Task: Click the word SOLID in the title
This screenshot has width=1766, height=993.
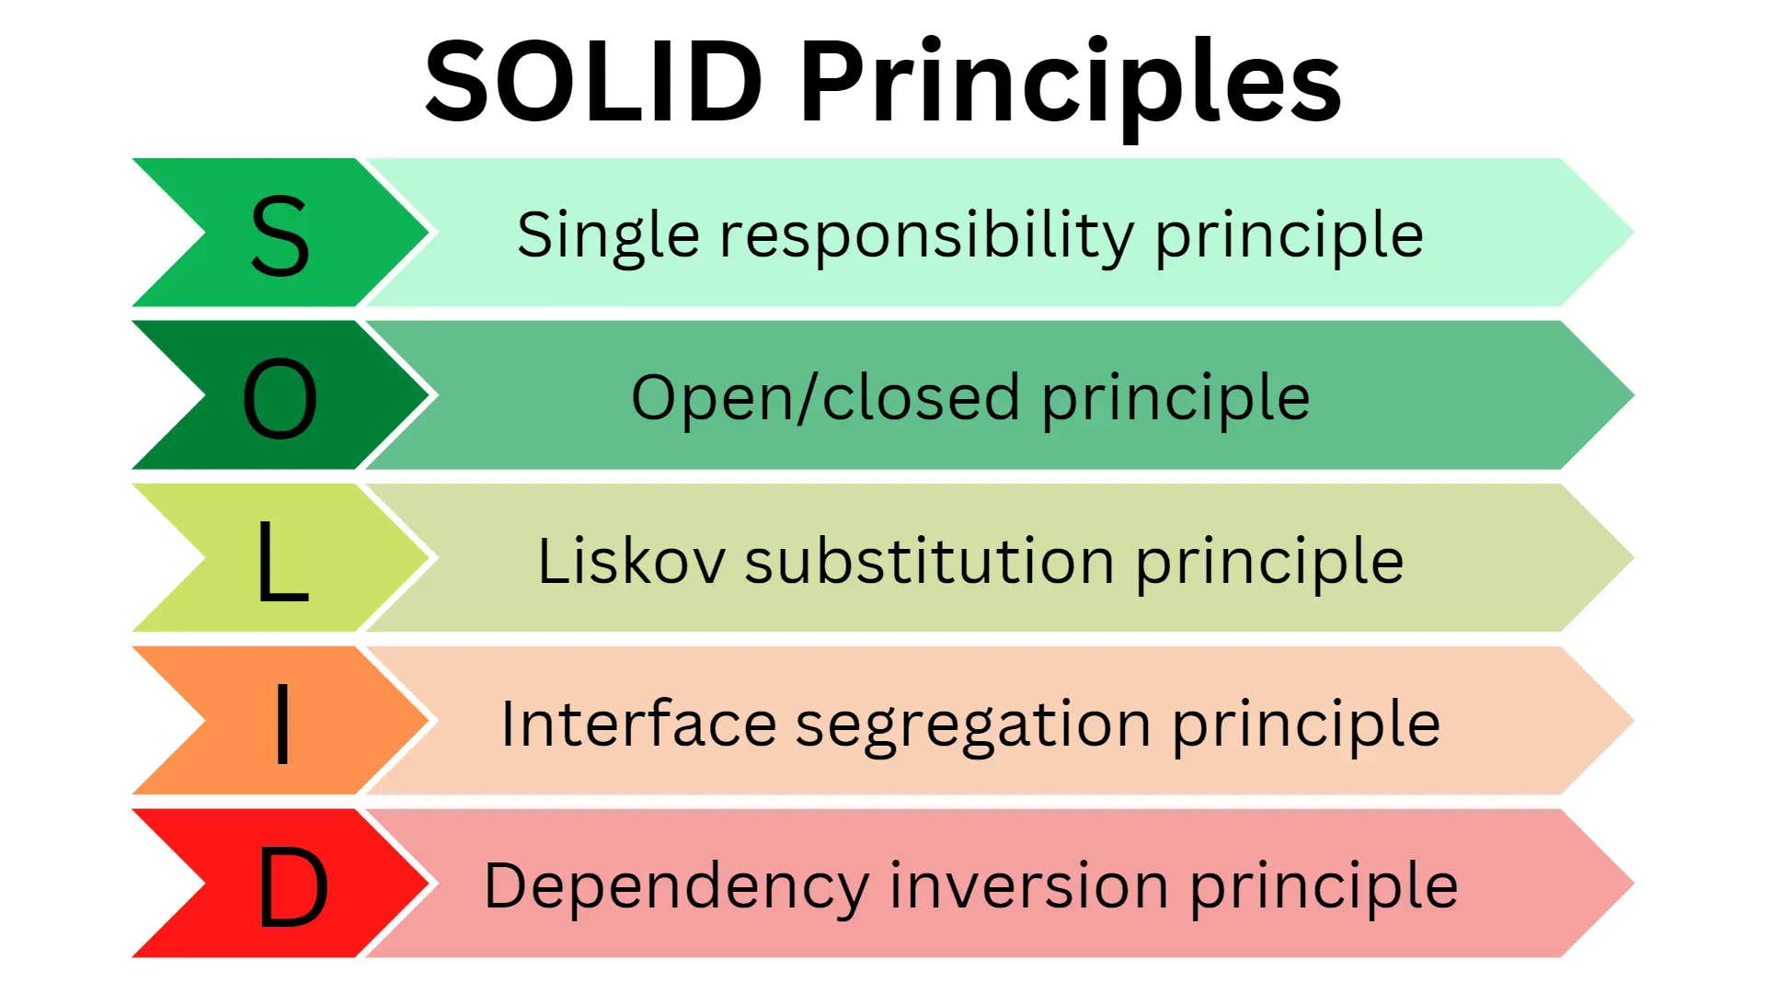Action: point(593,83)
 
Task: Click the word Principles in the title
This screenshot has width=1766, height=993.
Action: point(1070,85)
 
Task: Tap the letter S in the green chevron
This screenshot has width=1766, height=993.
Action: point(280,236)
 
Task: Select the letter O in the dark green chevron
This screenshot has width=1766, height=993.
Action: point(280,399)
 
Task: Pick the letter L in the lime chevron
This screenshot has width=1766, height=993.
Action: point(281,561)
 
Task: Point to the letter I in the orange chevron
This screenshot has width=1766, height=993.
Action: point(282,725)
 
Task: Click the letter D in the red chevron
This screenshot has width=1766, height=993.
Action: point(292,887)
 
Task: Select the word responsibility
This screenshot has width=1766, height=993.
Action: point(926,236)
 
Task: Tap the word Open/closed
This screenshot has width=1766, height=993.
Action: point(825,398)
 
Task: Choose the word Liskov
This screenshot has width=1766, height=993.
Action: point(631,561)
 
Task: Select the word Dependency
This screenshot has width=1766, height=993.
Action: point(676,887)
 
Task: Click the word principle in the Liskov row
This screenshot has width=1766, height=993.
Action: point(1269,563)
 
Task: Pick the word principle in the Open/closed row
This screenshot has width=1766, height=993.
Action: point(1175,400)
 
